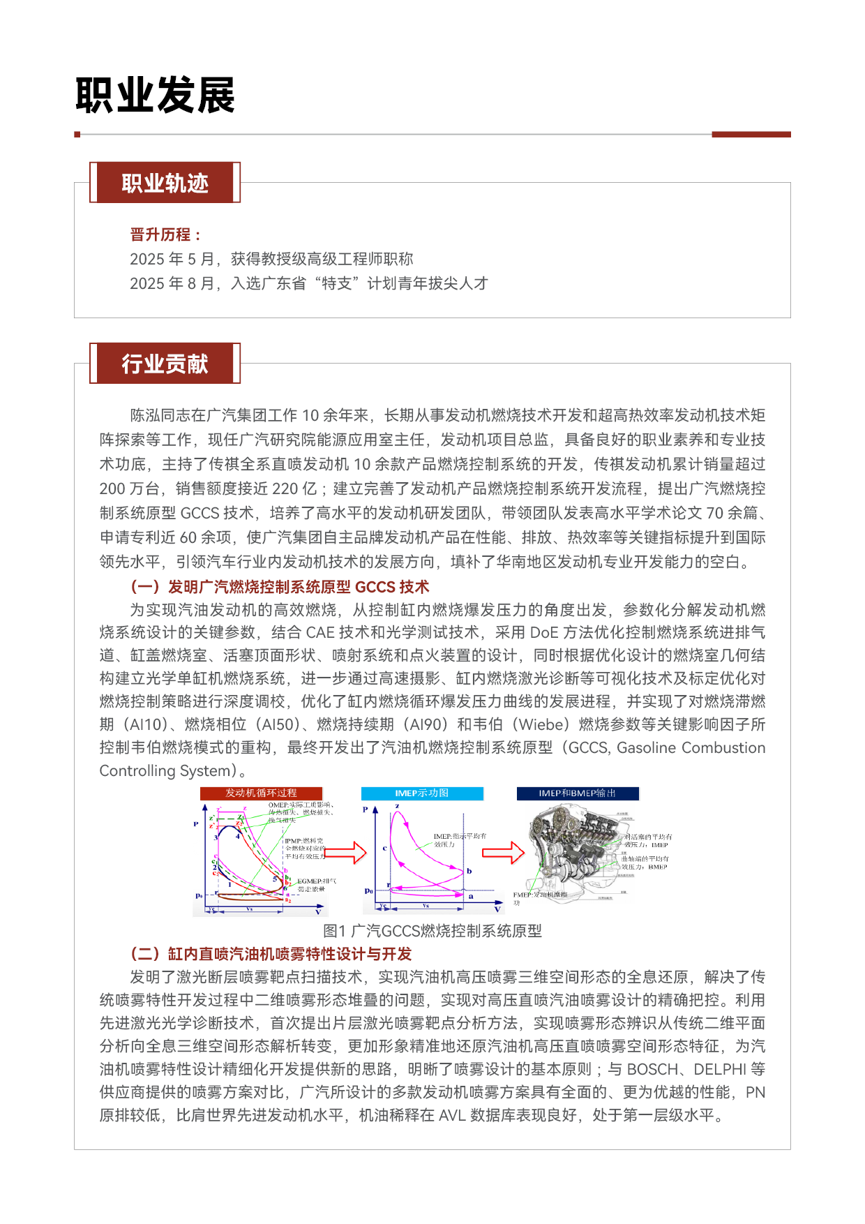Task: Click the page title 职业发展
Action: click(x=155, y=95)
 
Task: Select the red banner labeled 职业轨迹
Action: click(x=165, y=183)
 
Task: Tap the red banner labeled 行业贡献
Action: click(x=165, y=364)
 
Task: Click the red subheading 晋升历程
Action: click(x=165, y=234)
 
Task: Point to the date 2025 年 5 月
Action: click(x=172, y=259)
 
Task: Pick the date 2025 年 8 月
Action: click(x=172, y=283)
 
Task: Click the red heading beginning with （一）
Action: click(x=280, y=587)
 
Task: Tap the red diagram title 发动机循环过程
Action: click(x=261, y=793)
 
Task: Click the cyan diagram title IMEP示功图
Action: click(x=421, y=793)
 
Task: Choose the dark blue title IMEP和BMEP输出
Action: click(x=577, y=793)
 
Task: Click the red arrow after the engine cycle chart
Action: click(x=346, y=852)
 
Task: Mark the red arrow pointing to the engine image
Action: click(x=503, y=852)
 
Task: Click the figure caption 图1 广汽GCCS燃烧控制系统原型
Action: click(x=433, y=931)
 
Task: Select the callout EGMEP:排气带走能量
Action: click(x=316, y=885)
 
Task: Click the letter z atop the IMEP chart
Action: click(x=397, y=806)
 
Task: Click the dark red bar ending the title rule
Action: click(x=751, y=134)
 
